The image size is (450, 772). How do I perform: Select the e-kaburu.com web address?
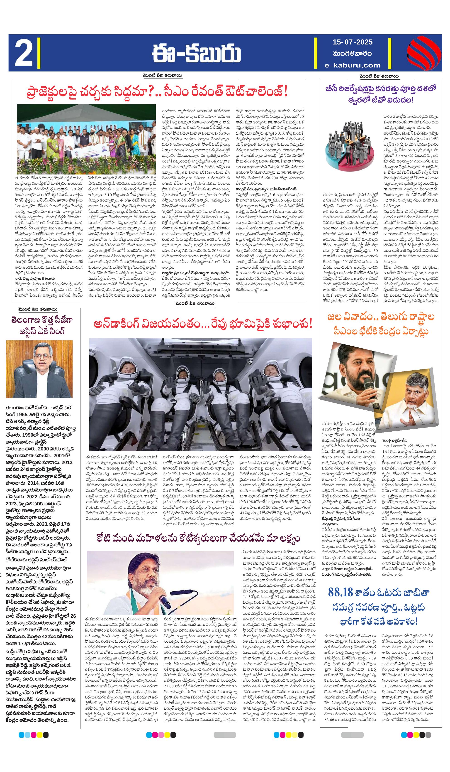(353, 65)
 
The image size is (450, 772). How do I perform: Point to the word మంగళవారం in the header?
(352, 54)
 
